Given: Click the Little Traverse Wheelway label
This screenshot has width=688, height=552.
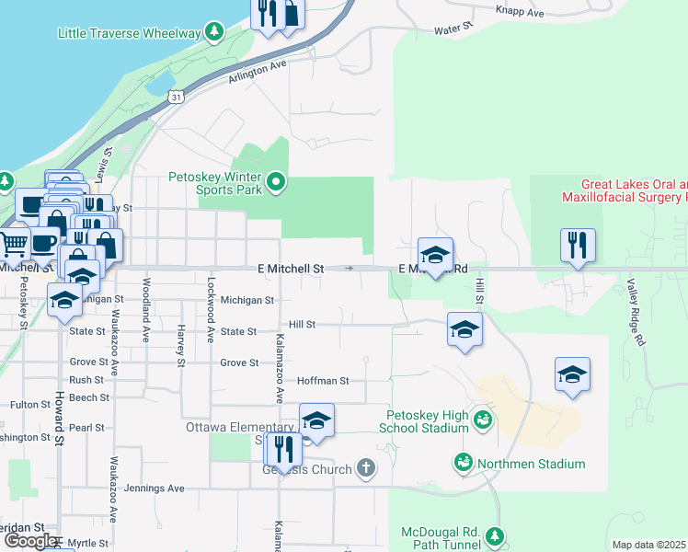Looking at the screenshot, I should coord(129,33).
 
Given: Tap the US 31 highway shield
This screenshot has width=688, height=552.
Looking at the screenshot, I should coord(176,96).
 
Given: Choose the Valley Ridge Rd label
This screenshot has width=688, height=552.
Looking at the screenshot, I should coord(635,314).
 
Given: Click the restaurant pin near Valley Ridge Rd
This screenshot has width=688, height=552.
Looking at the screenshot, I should coord(578,246).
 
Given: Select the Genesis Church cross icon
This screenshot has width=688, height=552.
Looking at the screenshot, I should coord(366,468).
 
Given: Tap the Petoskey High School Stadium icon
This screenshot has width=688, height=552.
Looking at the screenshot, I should coord(482,420).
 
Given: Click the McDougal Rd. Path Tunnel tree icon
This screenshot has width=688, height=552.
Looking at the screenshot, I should coord(496,535).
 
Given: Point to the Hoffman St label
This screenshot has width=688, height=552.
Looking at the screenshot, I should coord(323,380).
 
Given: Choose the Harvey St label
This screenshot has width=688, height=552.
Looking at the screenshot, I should coord(182,343).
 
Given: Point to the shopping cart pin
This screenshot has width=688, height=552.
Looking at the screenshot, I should coord(13,245).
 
